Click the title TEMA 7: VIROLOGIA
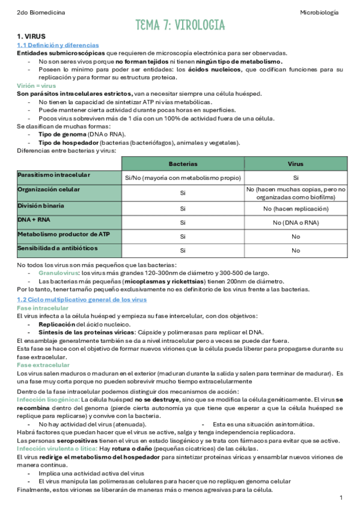[x=180, y=25]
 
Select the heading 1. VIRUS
[x=31, y=37]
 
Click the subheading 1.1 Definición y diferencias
[x=58, y=45]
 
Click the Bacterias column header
[x=183, y=164]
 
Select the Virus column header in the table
[x=296, y=164]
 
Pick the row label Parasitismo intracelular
[x=54, y=175]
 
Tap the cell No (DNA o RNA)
[x=296, y=223]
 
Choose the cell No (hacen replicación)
[x=296, y=208]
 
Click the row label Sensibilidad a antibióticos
[x=58, y=248]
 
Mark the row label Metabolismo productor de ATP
[x=63, y=234]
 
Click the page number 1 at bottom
[x=341, y=498]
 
